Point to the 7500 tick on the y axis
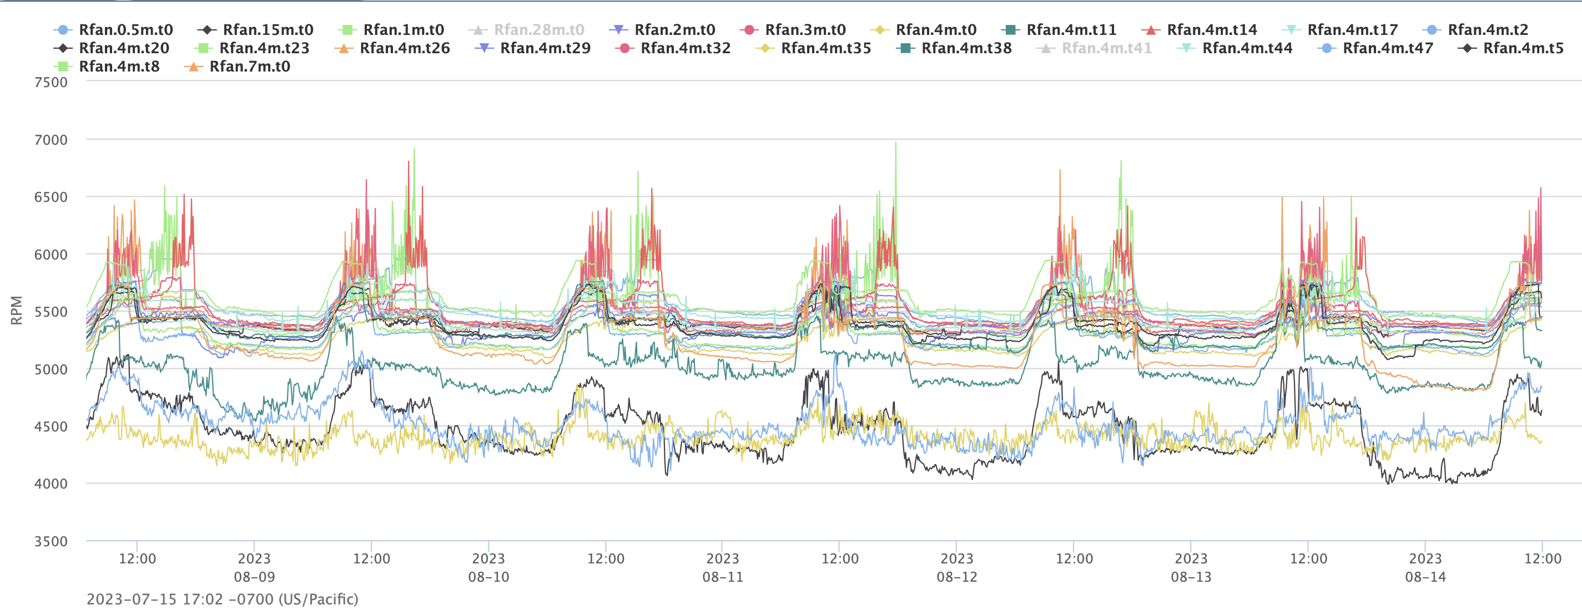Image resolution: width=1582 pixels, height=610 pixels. [x=51, y=82]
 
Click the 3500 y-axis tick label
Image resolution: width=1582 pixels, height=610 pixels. [x=51, y=541]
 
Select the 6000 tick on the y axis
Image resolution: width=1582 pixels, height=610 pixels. [x=51, y=255]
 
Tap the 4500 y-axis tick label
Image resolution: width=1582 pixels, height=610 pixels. [x=51, y=426]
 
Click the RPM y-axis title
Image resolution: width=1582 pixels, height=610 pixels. [x=17, y=310]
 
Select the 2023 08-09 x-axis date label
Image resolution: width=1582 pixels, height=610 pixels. [x=254, y=568]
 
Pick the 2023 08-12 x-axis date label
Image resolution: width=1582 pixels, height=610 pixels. [x=957, y=568]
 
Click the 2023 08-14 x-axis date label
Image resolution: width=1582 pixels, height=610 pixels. [x=1425, y=568]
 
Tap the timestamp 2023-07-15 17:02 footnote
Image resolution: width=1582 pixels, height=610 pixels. [x=223, y=599]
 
